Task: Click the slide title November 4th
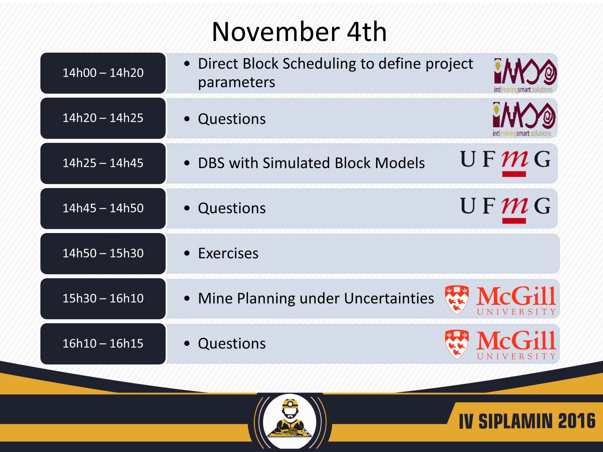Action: click(299, 32)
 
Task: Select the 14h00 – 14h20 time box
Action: click(103, 73)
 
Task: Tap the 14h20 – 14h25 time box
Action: click(103, 118)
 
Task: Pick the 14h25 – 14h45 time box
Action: click(103, 163)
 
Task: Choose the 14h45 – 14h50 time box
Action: click(103, 208)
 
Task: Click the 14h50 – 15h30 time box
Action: click(103, 254)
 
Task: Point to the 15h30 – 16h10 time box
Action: click(103, 299)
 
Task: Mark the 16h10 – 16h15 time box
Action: click(103, 344)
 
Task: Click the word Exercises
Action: click(228, 253)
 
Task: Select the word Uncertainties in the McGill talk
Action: click(389, 298)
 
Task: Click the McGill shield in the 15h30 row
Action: click(457, 300)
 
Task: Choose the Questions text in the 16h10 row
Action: click(232, 343)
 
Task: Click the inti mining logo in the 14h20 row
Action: click(524, 119)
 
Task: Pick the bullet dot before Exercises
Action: click(187, 253)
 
